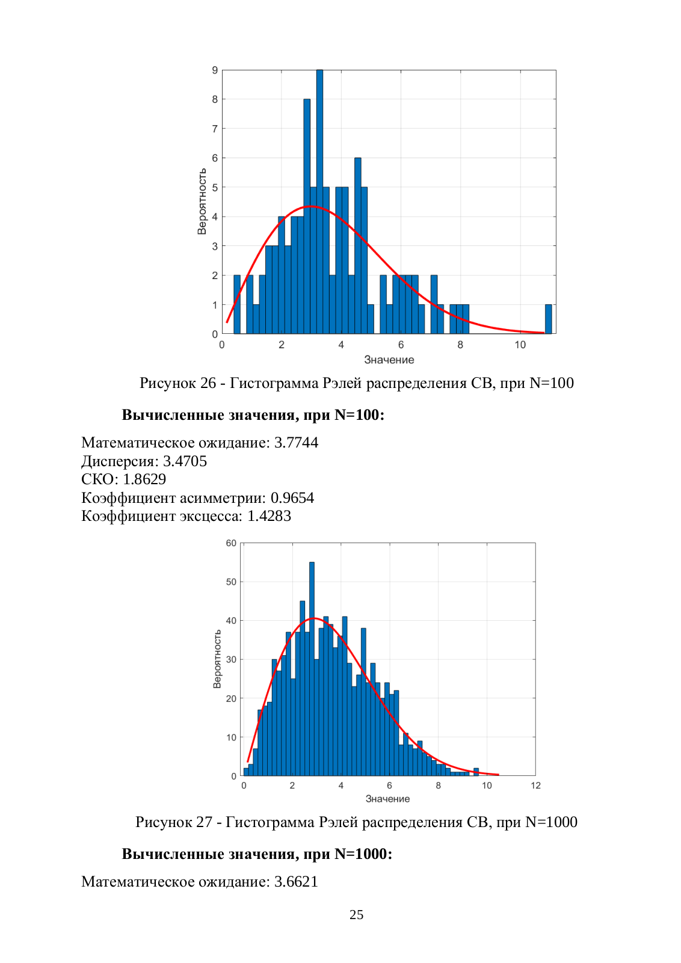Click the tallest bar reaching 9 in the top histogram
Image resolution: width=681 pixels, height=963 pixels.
[319, 202]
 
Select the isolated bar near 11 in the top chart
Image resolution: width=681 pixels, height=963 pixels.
[548, 319]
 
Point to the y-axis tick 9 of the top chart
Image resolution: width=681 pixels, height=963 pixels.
[215, 70]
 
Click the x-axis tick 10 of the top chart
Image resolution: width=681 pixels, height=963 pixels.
[520, 345]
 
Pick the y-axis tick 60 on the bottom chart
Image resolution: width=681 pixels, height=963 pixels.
[231, 543]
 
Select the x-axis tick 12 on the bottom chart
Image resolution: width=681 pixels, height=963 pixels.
[535, 786]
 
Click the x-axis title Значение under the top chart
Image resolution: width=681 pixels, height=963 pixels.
[389, 360]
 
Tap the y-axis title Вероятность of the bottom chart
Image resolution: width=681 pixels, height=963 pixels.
[217, 659]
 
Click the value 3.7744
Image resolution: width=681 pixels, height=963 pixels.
[296, 442]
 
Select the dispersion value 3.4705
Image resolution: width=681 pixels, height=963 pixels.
[185, 461]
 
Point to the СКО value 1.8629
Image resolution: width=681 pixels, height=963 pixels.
[144, 479]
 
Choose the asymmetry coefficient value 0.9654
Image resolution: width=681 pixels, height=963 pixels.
[292, 497]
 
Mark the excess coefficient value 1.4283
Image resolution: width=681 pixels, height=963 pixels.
[269, 515]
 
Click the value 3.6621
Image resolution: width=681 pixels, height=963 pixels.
[296, 882]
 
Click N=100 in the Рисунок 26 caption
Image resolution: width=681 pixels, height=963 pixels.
[552, 383]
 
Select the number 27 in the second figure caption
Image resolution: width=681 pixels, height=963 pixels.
[204, 822]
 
